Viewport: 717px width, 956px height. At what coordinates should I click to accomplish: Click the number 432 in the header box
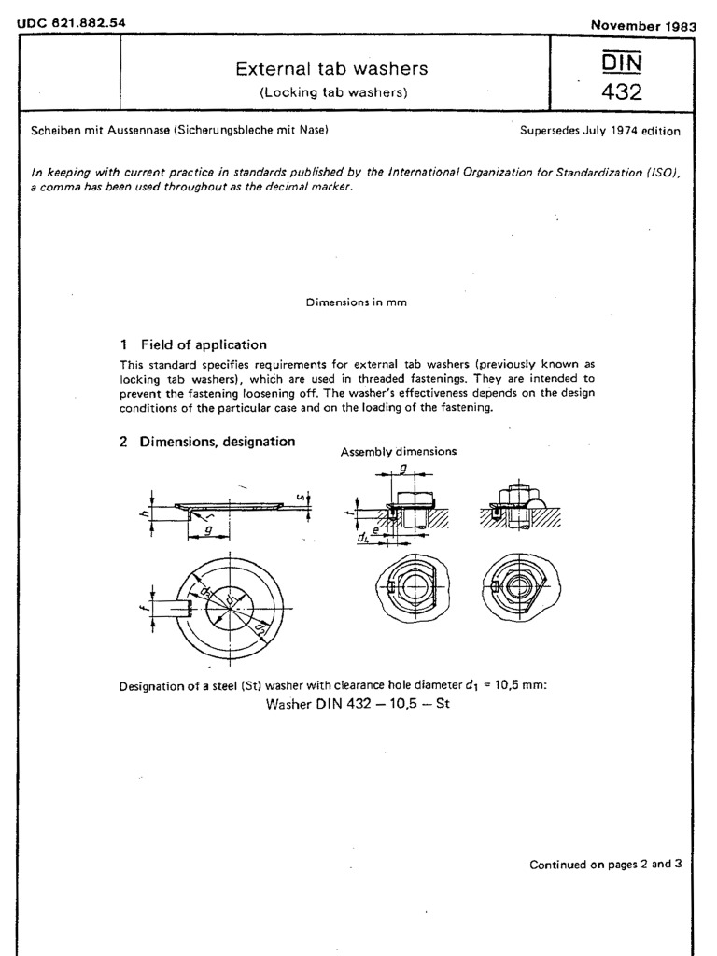click(x=621, y=92)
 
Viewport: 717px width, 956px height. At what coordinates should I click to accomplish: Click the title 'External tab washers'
click(x=331, y=68)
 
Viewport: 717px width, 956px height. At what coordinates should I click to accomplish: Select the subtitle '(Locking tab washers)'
click(x=331, y=92)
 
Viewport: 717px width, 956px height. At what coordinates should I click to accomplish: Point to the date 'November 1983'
click(x=644, y=26)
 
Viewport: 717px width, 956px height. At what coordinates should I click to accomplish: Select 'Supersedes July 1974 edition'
click(x=600, y=132)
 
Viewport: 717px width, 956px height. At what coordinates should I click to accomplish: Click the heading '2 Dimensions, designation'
click(x=207, y=442)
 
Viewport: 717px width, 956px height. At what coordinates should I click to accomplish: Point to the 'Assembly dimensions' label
click(x=399, y=451)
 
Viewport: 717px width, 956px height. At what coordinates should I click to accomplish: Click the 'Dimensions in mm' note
click(x=356, y=302)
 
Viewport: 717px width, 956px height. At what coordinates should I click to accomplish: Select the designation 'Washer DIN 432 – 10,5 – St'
click(x=358, y=704)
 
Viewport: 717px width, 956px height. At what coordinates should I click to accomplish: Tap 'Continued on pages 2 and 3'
click(x=605, y=865)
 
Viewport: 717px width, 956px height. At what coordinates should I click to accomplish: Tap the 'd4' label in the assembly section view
click(x=363, y=538)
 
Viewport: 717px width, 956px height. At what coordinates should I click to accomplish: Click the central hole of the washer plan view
click(x=230, y=609)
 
